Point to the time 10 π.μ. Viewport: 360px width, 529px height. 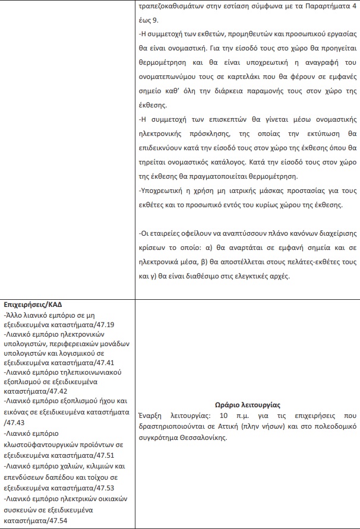pos(230,415)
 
